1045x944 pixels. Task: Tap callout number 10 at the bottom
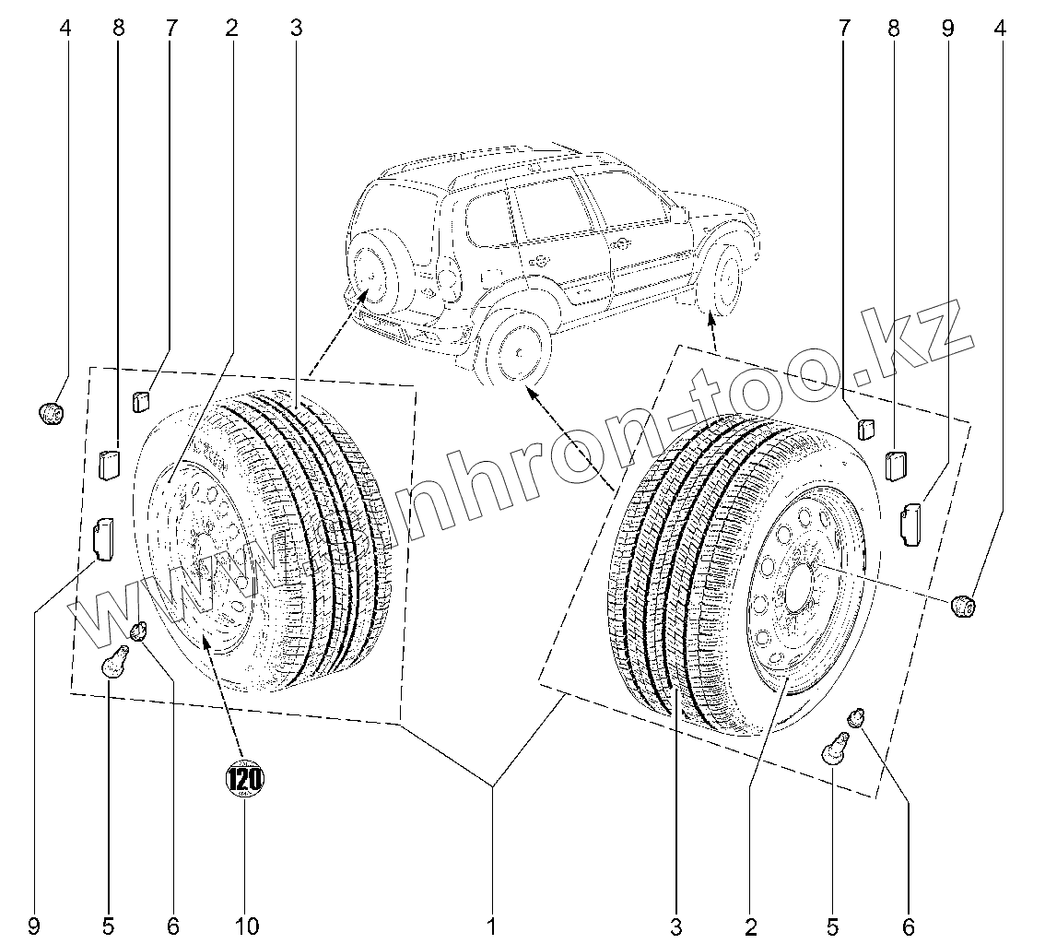[x=246, y=925]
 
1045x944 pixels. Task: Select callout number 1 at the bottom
[x=493, y=925]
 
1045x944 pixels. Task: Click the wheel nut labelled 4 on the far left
[x=52, y=414]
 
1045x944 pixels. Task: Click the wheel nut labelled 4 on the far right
[x=963, y=606]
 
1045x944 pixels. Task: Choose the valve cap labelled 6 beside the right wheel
[x=857, y=716]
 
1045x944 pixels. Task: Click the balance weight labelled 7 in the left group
[x=141, y=401]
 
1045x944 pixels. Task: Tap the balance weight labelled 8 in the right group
[x=896, y=465]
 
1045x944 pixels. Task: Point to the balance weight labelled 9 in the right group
[x=911, y=518]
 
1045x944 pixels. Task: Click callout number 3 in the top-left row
[x=295, y=29]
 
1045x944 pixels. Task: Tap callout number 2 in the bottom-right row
[x=751, y=925]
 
